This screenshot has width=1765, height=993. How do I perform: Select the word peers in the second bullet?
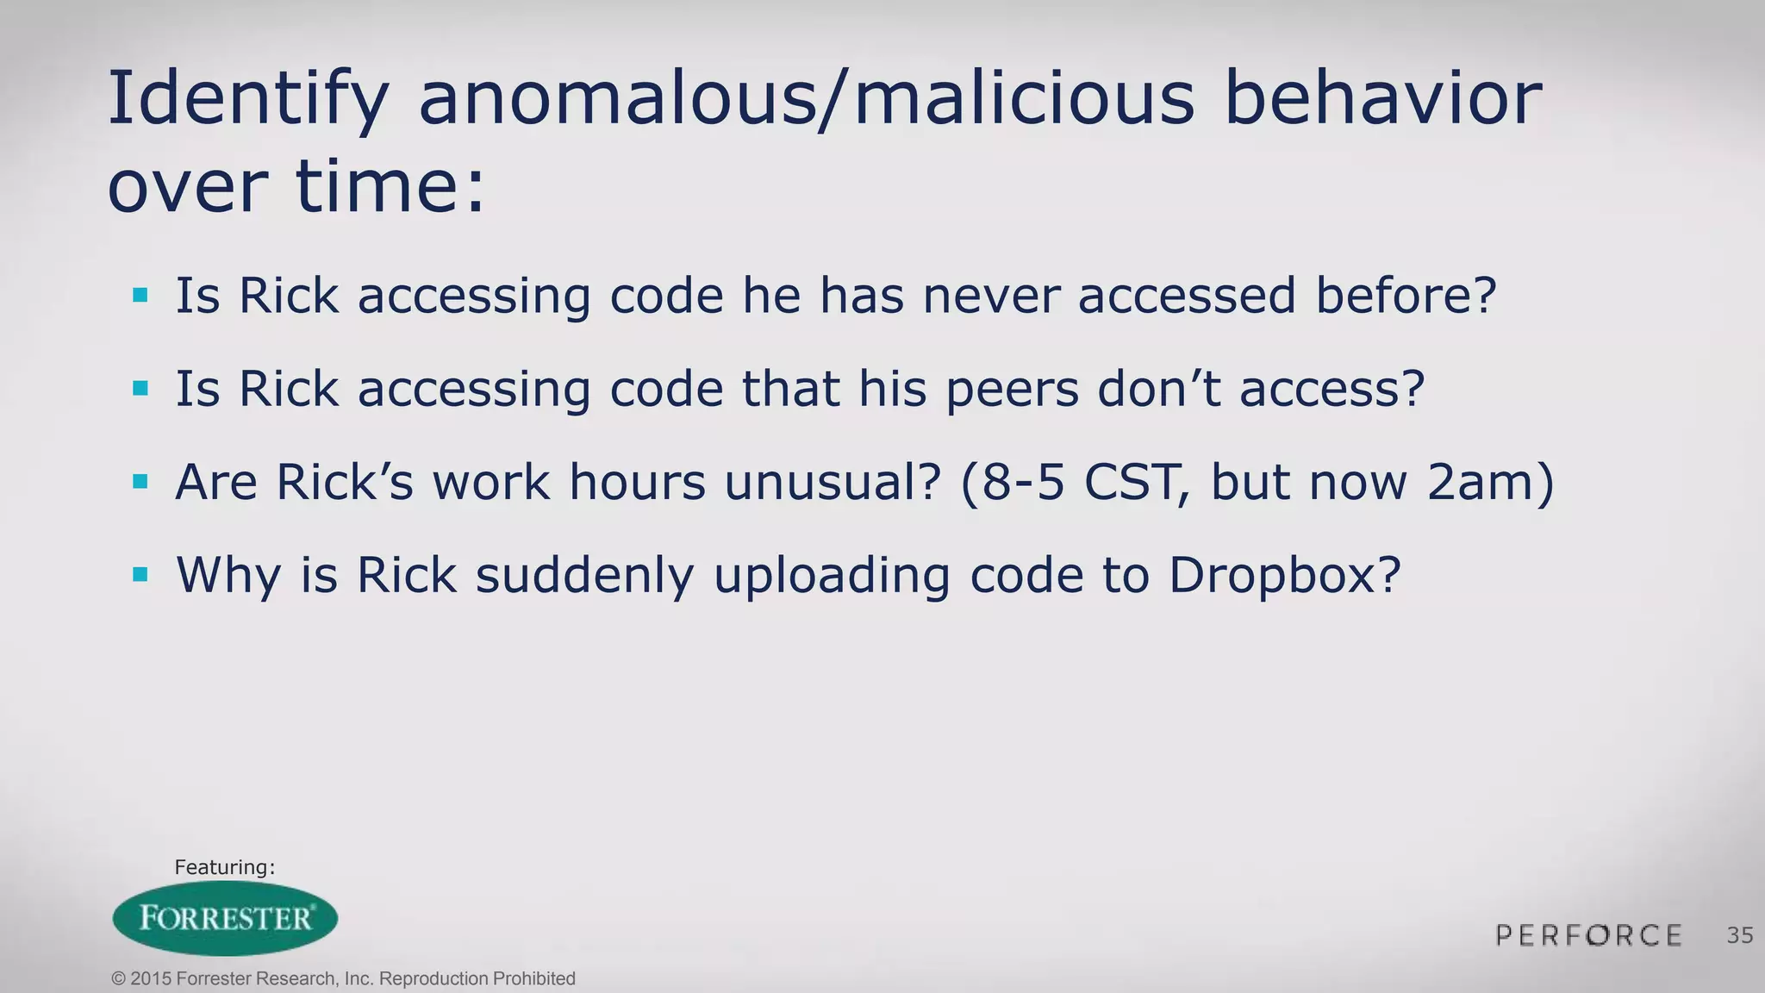pyautogui.click(x=1012, y=390)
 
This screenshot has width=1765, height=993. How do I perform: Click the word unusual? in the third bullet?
pyautogui.click(x=832, y=482)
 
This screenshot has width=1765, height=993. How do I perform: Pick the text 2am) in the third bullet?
pyautogui.click(x=1491, y=482)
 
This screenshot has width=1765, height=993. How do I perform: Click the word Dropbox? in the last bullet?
pyautogui.click(x=1285, y=576)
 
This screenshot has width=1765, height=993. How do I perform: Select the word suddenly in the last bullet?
pyautogui.click(x=584, y=576)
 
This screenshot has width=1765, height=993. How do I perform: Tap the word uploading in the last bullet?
pyautogui.click(x=832, y=576)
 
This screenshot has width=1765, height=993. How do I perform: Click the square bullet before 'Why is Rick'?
pyautogui.click(x=140, y=574)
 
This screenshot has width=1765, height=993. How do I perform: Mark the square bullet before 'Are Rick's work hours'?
pyautogui.click(x=140, y=481)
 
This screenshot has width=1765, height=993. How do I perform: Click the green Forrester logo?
pyautogui.click(x=225, y=918)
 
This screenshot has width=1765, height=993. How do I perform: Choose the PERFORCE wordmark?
pyautogui.click(x=1588, y=935)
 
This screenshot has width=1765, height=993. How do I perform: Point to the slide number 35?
pyautogui.click(x=1740, y=935)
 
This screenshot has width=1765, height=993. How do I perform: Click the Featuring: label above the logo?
pyautogui.click(x=224, y=867)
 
